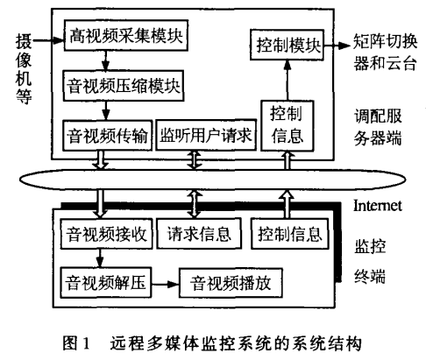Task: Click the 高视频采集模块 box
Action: [126, 35]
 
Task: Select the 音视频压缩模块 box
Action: [124, 86]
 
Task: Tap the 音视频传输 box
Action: [108, 136]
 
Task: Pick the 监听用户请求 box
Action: [206, 135]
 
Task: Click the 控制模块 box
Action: [287, 45]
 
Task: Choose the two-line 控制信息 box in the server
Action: [288, 126]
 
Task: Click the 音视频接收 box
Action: [106, 234]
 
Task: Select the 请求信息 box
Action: [199, 234]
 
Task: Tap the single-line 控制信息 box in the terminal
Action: [290, 234]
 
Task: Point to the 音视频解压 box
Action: [105, 282]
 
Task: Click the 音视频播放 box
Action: [231, 283]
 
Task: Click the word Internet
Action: [378, 206]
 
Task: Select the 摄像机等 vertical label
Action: [24, 69]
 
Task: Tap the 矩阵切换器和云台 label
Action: [385, 52]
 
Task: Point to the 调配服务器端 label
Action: [378, 127]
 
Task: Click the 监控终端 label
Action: [370, 261]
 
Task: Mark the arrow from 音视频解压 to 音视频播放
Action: [165, 284]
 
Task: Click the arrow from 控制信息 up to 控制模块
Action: [288, 81]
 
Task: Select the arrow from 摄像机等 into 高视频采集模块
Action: [48, 39]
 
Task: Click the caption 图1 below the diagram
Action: [76, 342]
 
